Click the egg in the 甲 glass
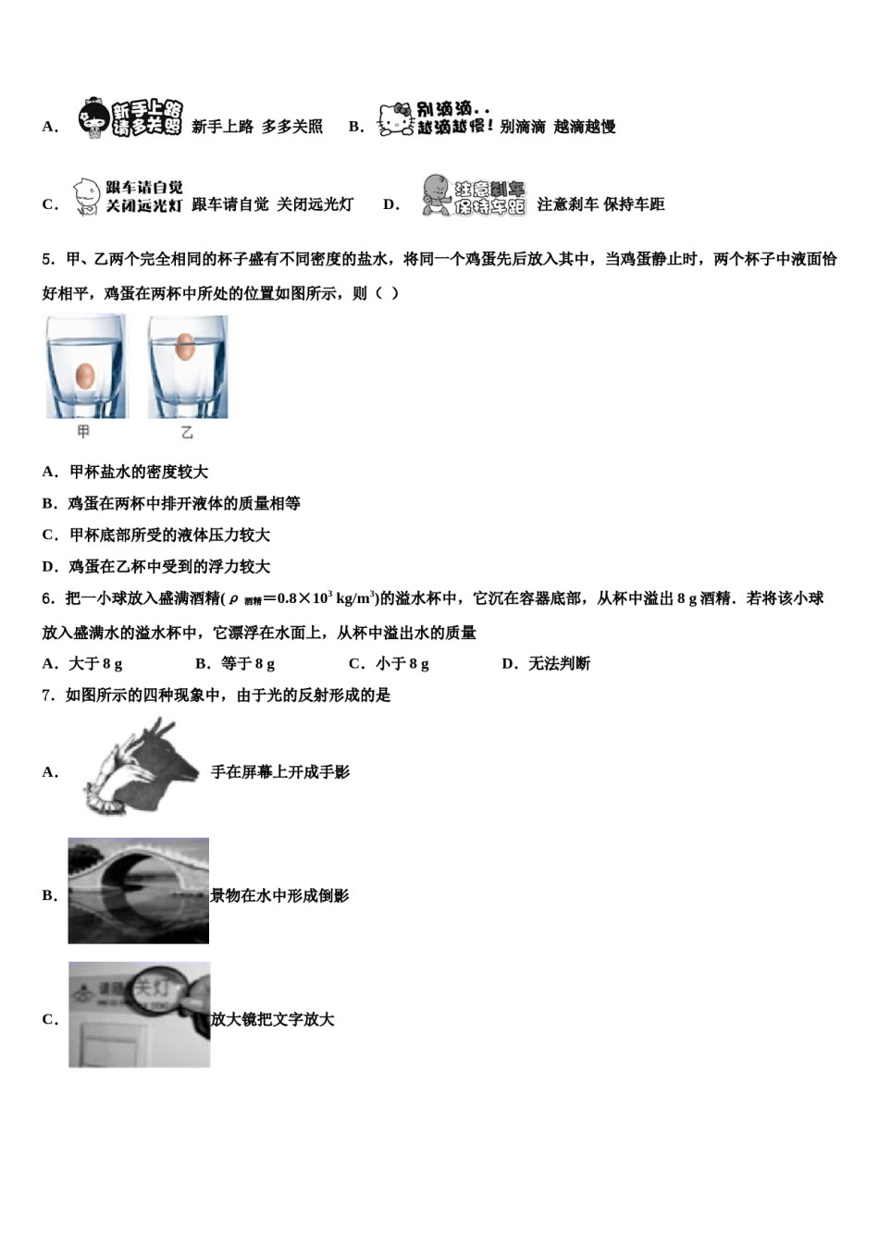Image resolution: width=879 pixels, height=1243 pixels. tap(84, 375)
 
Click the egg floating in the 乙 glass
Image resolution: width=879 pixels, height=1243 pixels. tap(185, 346)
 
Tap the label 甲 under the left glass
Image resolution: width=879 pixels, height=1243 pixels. tap(83, 432)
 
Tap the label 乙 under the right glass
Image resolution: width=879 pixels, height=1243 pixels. tap(187, 432)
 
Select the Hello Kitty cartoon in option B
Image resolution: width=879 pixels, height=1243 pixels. tap(395, 120)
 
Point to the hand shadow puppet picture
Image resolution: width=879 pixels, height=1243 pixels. tap(139, 768)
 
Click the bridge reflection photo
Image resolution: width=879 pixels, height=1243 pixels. tap(138, 891)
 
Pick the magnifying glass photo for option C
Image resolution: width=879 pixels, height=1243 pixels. tap(139, 1015)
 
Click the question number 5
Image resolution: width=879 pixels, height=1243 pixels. tap(47, 260)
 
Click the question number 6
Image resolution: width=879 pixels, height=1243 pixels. tap(47, 598)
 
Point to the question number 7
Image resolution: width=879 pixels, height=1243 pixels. tap(47, 695)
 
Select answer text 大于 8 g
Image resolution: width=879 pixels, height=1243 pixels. tap(95, 663)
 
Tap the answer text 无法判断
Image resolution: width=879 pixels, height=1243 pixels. tap(559, 663)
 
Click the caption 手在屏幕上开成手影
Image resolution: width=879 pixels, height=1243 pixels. tap(280, 771)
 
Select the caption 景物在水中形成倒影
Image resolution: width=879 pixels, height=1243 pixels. tap(279, 895)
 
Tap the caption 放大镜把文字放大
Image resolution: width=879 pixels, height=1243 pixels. tap(272, 1019)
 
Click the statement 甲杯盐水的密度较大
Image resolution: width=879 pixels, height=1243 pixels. tap(139, 472)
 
